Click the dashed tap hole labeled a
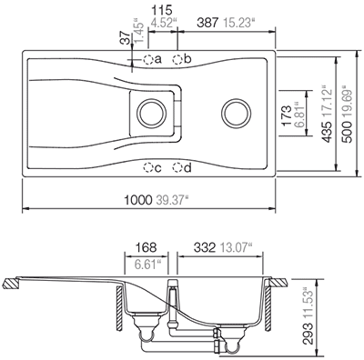tap(148, 60)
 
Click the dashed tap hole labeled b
tap(177, 60)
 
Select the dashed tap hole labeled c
tap(148, 167)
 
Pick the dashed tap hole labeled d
tap(177, 167)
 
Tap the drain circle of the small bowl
tap(152, 114)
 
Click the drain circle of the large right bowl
tap(237, 114)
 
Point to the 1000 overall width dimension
tap(137, 200)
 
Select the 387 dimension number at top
tap(207, 23)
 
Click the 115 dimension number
tap(162, 10)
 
